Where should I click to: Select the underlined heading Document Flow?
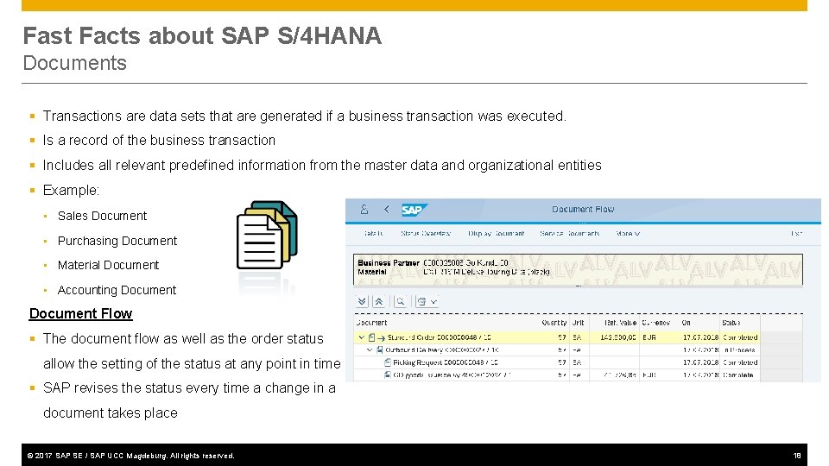coord(80,314)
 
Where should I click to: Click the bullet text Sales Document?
coord(102,216)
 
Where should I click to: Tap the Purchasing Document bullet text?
coord(117,241)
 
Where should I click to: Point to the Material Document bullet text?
coord(108,265)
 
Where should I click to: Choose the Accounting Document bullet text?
coord(117,290)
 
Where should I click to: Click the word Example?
coord(71,190)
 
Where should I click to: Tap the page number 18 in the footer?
coord(797,455)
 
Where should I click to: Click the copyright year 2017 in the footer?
coord(42,456)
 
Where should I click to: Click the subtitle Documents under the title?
coord(74,63)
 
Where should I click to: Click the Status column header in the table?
coord(736,323)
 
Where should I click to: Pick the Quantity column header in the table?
coord(554,323)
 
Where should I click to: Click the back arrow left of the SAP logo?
coord(386,210)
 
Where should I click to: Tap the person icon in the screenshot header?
coord(364,210)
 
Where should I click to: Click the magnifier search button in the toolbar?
coord(400,301)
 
